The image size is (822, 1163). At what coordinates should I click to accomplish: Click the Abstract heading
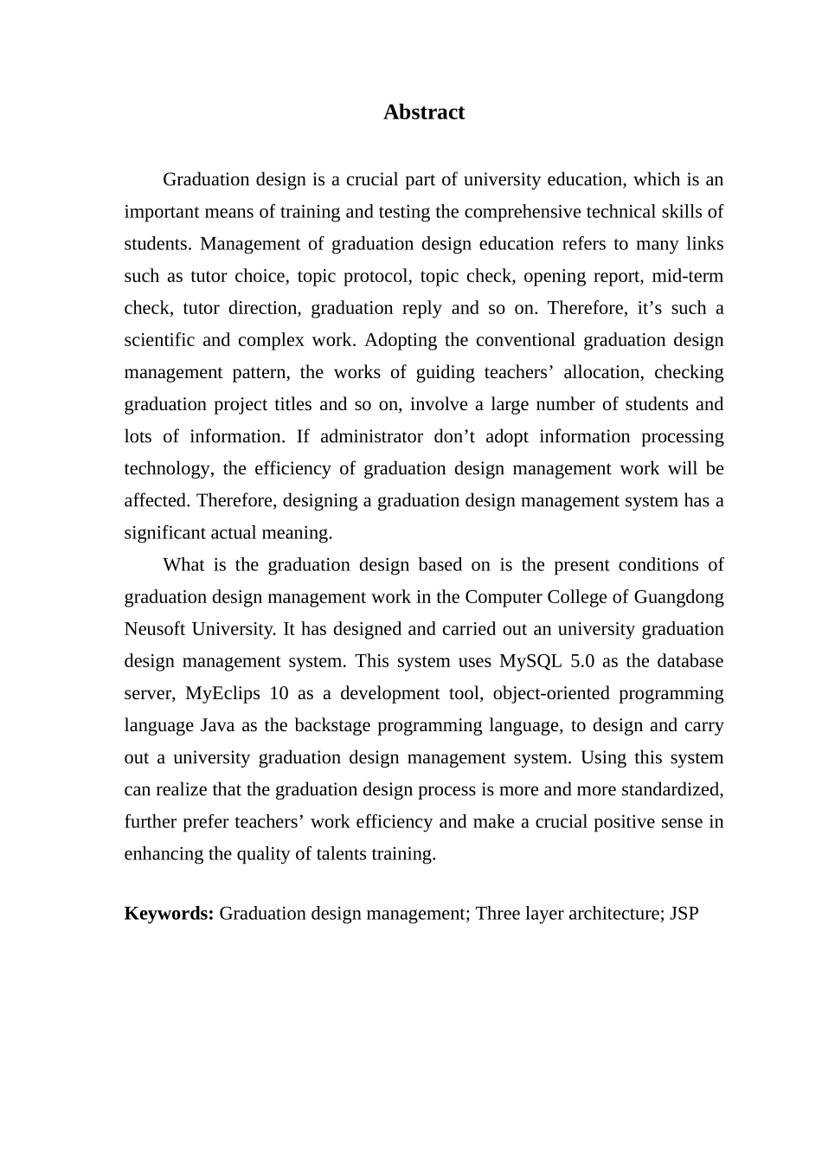click(424, 112)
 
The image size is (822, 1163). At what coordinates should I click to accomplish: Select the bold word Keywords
click(168, 914)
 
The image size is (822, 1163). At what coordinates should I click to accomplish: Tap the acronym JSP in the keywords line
click(684, 914)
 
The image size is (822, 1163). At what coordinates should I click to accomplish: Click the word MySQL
click(530, 661)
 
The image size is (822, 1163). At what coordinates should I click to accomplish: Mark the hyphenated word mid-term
click(687, 276)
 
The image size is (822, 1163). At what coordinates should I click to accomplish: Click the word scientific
click(159, 340)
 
